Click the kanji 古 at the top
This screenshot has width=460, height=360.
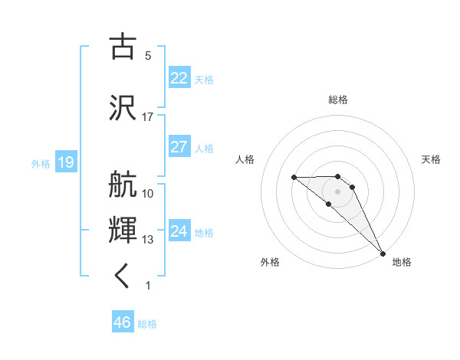pos(123,47)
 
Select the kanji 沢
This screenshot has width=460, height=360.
pos(123,106)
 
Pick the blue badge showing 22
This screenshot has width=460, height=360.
pos(179,78)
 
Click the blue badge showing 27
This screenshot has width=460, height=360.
pos(179,147)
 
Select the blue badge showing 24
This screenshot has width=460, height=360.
pos(179,231)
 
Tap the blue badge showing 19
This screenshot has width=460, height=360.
pos(66,162)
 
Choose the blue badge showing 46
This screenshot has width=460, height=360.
pos(123,322)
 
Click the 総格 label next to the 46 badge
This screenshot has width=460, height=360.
pos(147,324)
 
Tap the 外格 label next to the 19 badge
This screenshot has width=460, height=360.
pos(41,163)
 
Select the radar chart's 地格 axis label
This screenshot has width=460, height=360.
pos(402,262)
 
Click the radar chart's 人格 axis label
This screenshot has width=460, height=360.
pos(245,159)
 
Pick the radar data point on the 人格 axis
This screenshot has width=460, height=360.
pos(294,177)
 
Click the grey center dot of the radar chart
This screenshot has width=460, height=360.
pos(337,191)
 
